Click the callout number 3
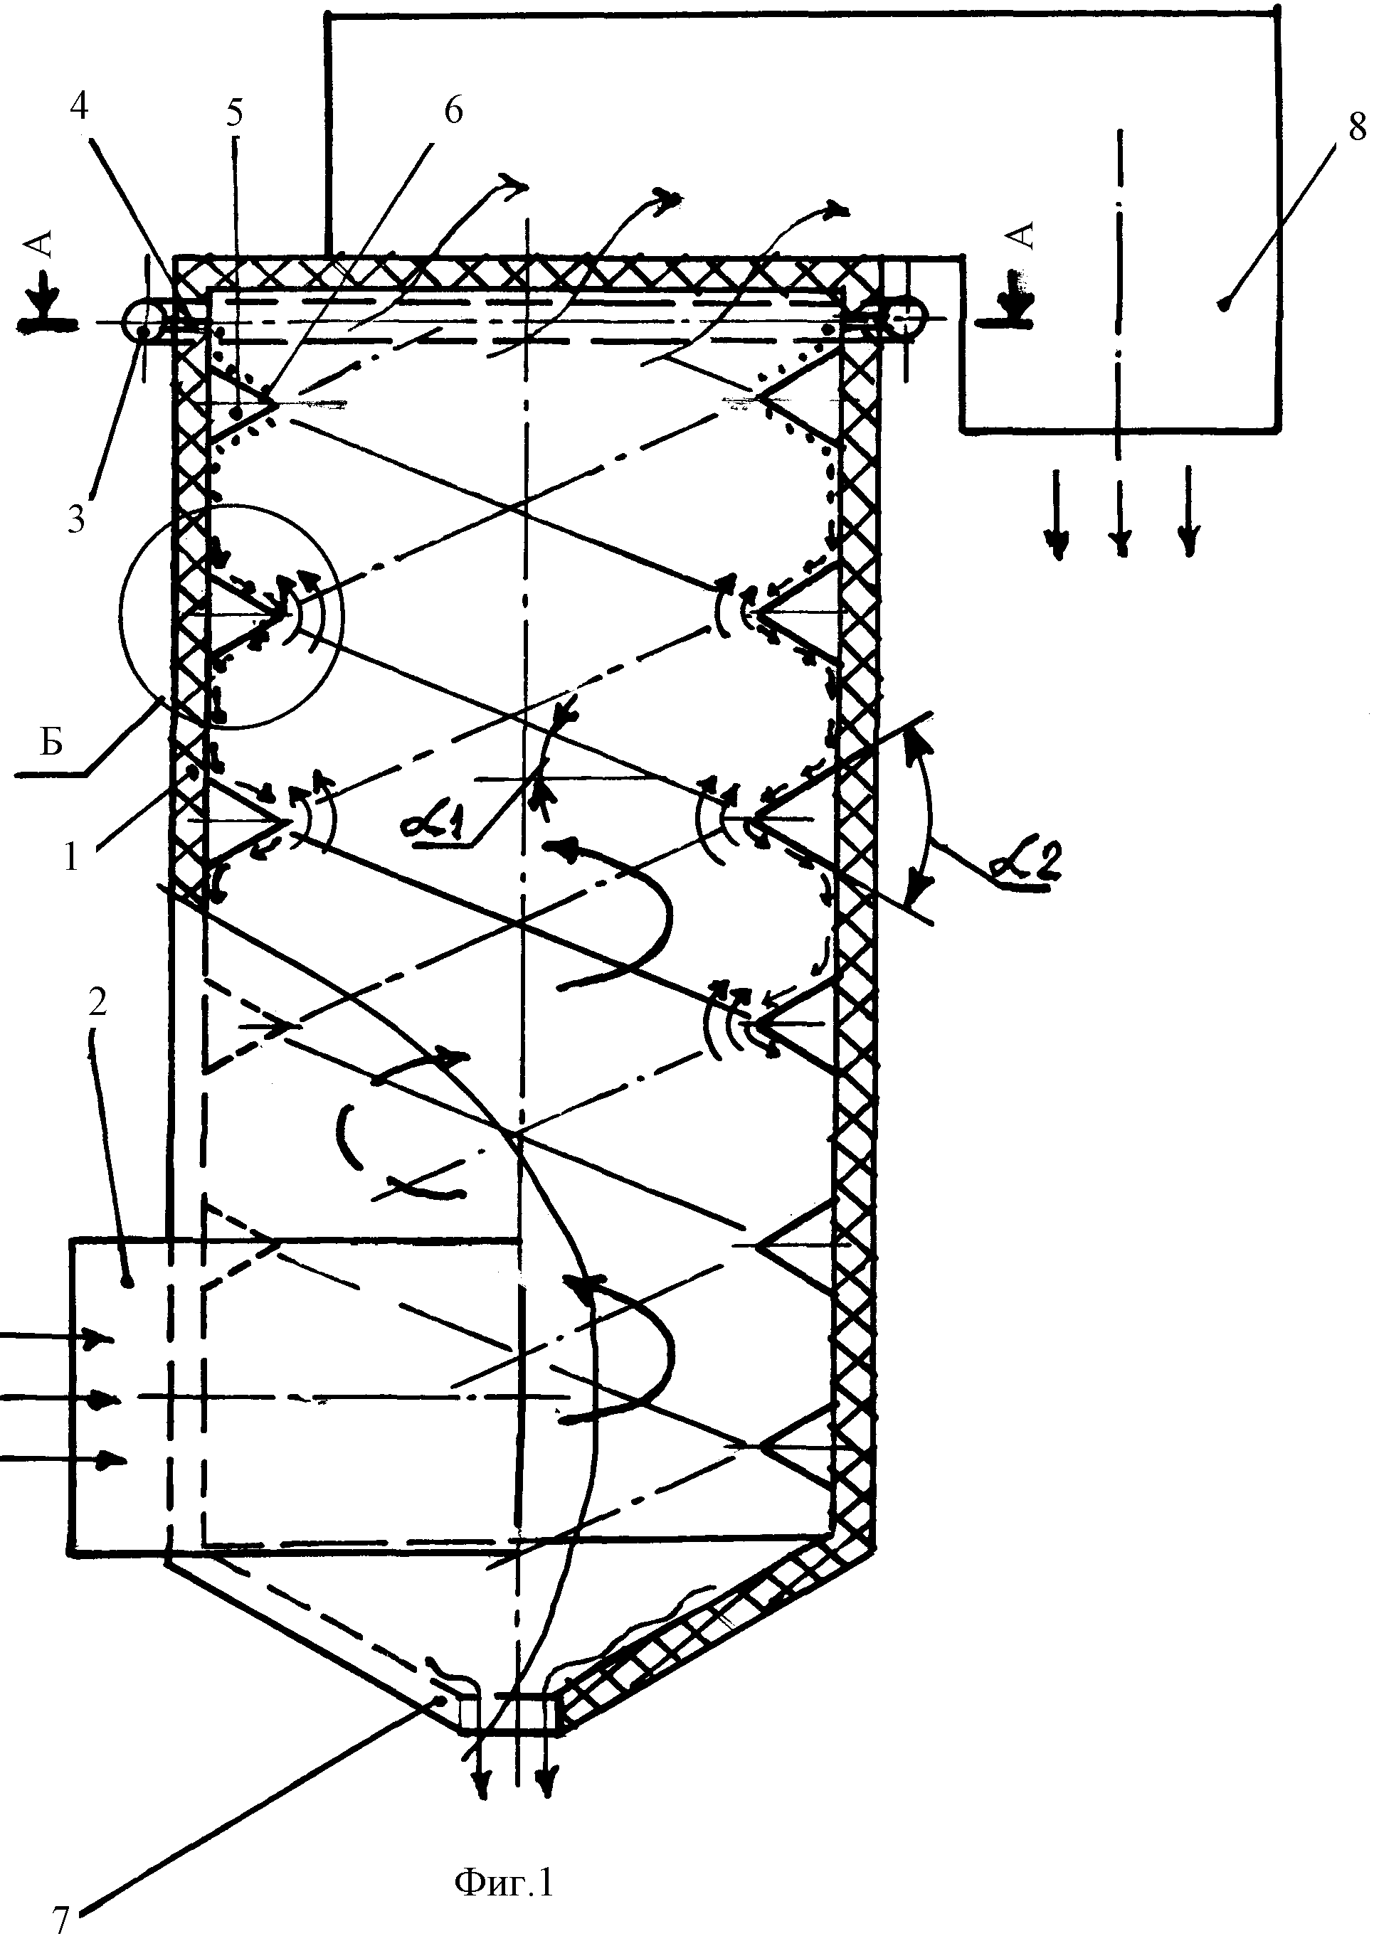click(x=76, y=519)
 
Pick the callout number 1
click(x=72, y=858)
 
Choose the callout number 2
click(x=97, y=1003)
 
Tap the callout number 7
click(x=60, y=1918)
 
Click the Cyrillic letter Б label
click(x=52, y=746)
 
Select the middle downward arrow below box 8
click(x=1121, y=506)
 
